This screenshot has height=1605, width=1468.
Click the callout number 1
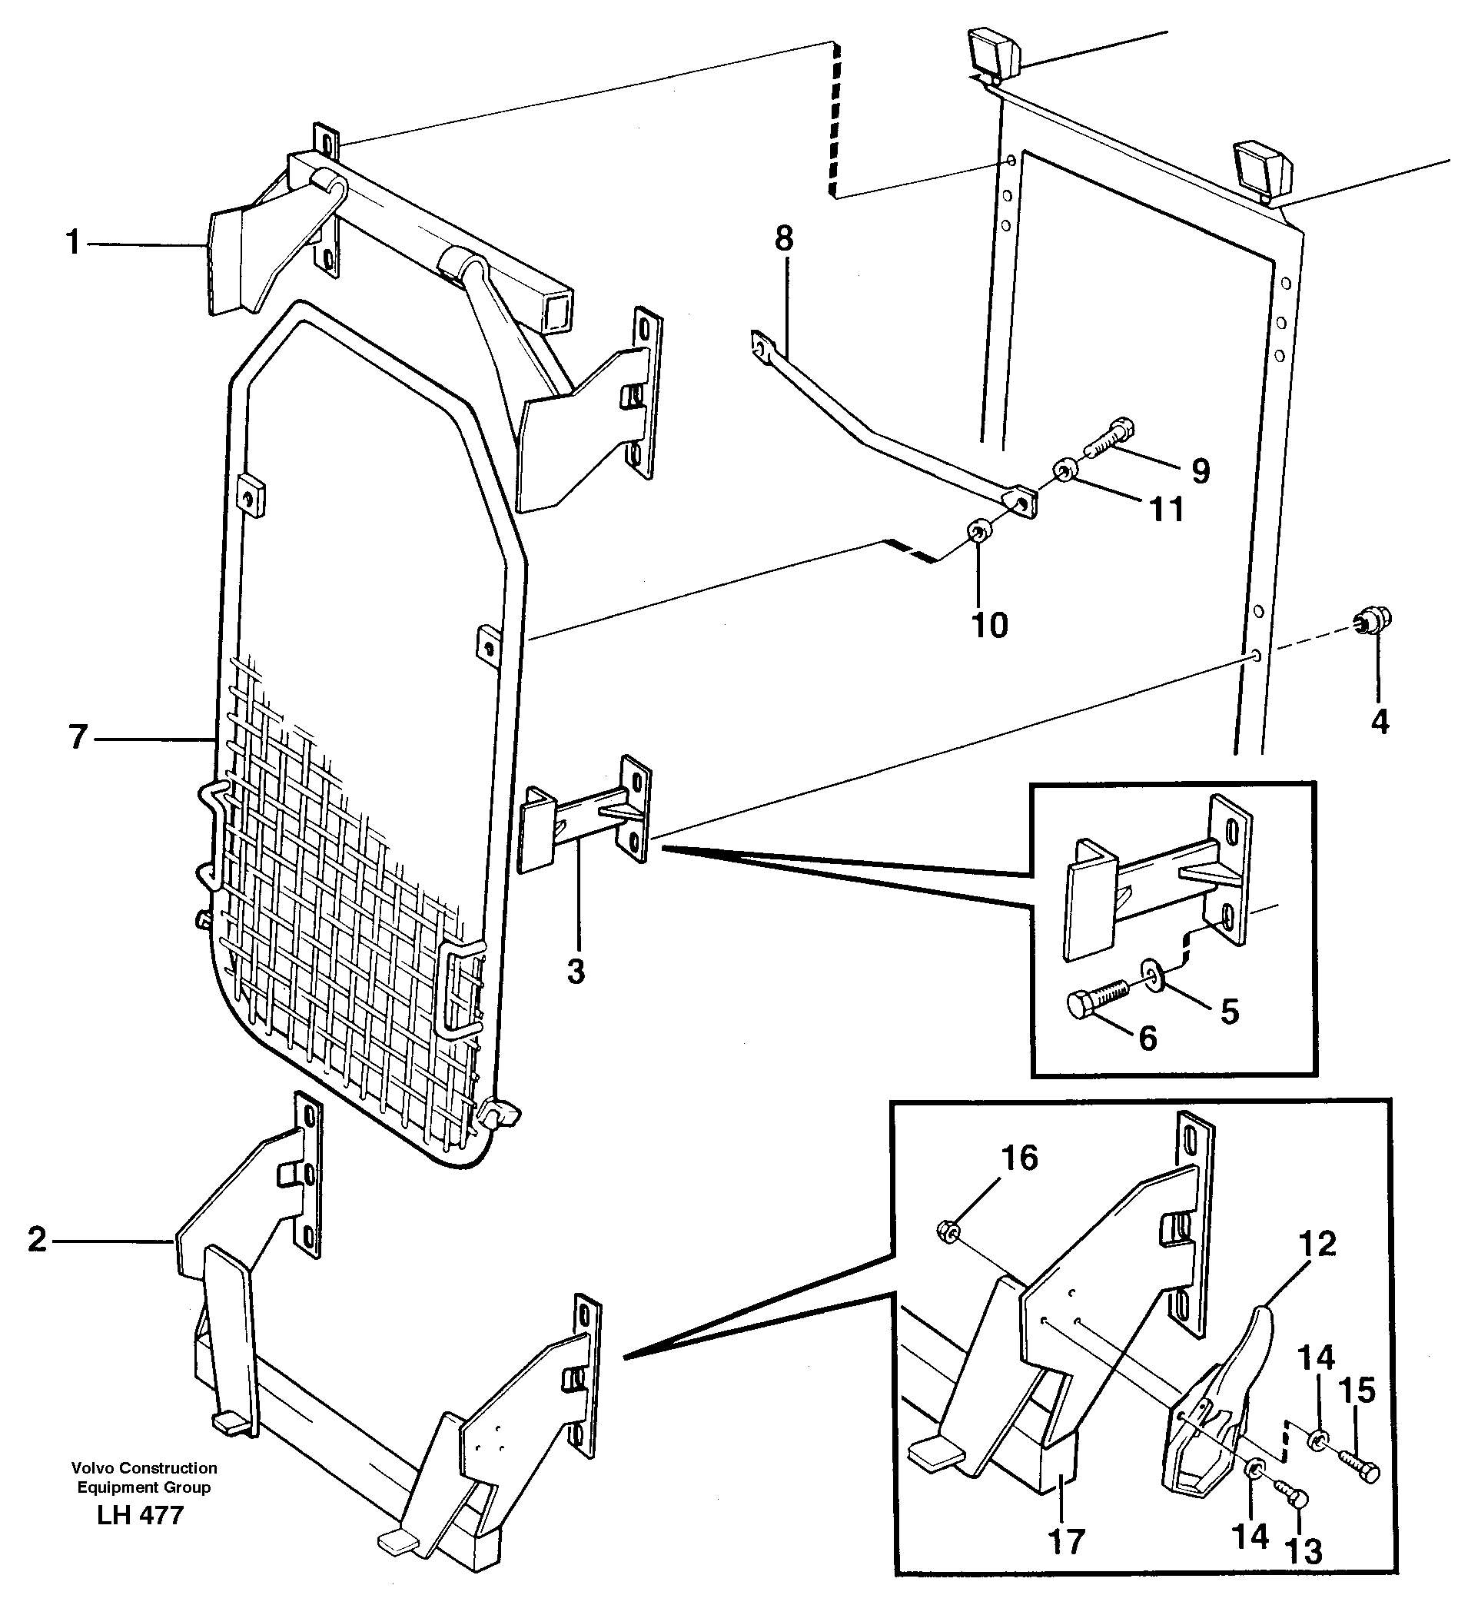point(73,242)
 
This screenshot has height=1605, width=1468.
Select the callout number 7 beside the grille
point(77,737)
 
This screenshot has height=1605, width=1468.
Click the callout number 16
point(1020,1159)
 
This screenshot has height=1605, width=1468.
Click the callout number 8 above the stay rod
point(784,239)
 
